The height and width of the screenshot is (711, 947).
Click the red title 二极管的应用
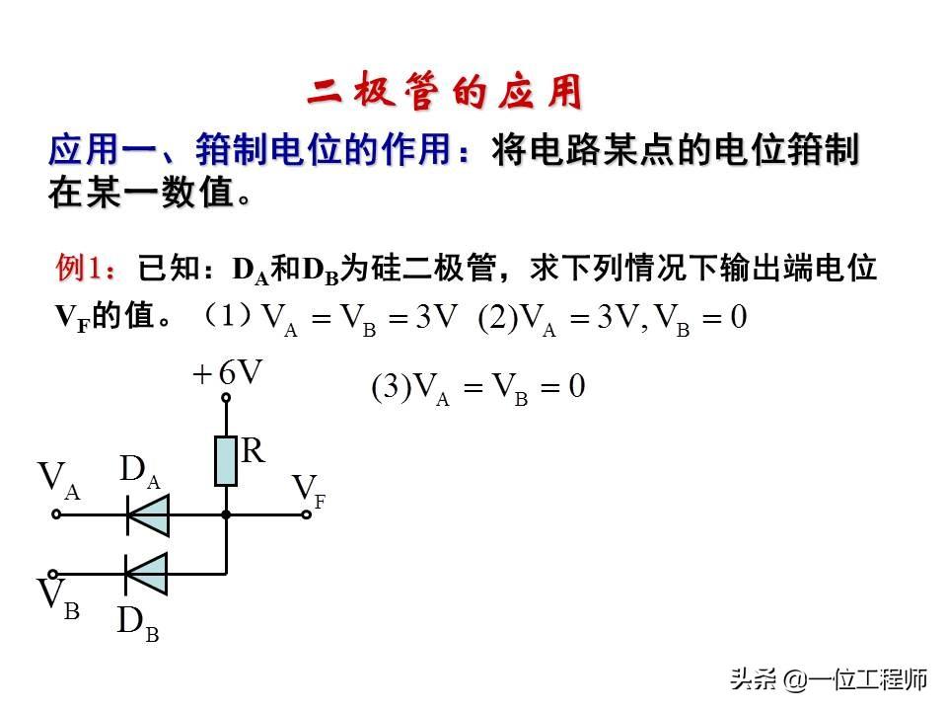point(444,93)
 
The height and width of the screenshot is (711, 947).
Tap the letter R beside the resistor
point(254,452)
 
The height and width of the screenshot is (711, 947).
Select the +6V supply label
point(228,373)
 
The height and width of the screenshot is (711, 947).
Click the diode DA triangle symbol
point(148,513)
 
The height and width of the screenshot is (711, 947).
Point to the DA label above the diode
point(139,472)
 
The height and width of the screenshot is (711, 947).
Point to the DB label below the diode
point(137,623)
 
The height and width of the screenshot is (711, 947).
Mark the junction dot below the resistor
point(226,514)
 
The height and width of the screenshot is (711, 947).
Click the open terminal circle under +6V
point(226,398)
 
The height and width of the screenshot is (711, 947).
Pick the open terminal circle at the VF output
point(307,514)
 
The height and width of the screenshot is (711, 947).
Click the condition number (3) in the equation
point(391,387)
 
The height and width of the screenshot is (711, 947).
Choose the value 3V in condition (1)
point(437,317)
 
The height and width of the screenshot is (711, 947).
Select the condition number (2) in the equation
point(498,317)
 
